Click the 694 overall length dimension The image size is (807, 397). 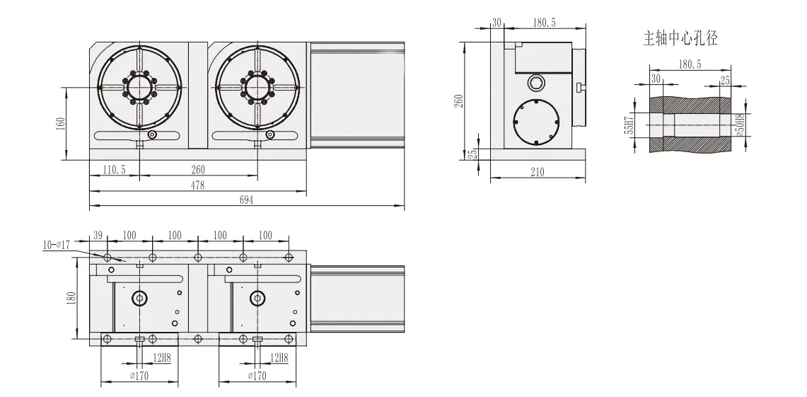click(246, 201)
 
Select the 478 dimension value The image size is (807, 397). click(198, 185)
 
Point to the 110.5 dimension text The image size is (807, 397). click(114, 170)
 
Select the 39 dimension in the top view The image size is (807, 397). click(98, 235)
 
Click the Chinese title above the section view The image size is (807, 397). click(680, 40)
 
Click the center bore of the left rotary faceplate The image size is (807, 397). click(139, 88)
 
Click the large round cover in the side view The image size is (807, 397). click(535, 122)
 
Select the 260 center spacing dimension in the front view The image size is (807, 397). click(199, 170)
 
